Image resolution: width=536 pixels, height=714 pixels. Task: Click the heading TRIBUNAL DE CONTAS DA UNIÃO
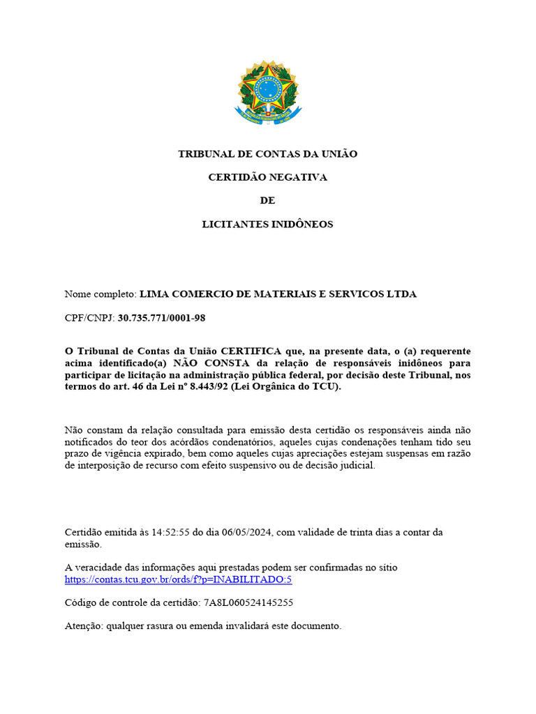click(x=268, y=154)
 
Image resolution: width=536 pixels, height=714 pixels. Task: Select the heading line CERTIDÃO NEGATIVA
click(x=268, y=177)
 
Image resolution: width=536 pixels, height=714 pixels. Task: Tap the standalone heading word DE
click(x=268, y=201)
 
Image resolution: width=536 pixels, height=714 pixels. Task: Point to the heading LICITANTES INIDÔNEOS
click(x=268, y=225)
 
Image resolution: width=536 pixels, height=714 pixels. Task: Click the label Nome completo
click(x=100, y=294)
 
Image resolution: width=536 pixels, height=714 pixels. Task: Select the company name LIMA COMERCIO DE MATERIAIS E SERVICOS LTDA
click(x=278, y=294)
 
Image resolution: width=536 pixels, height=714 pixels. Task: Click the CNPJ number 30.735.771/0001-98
click(x=162, y=318)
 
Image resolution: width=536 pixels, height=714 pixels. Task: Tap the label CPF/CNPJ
click(x=89, y=318)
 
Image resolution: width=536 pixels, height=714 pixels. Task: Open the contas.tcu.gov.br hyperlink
click(x=178, y=580)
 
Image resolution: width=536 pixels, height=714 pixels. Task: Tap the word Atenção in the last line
click(x=83, y=626)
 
